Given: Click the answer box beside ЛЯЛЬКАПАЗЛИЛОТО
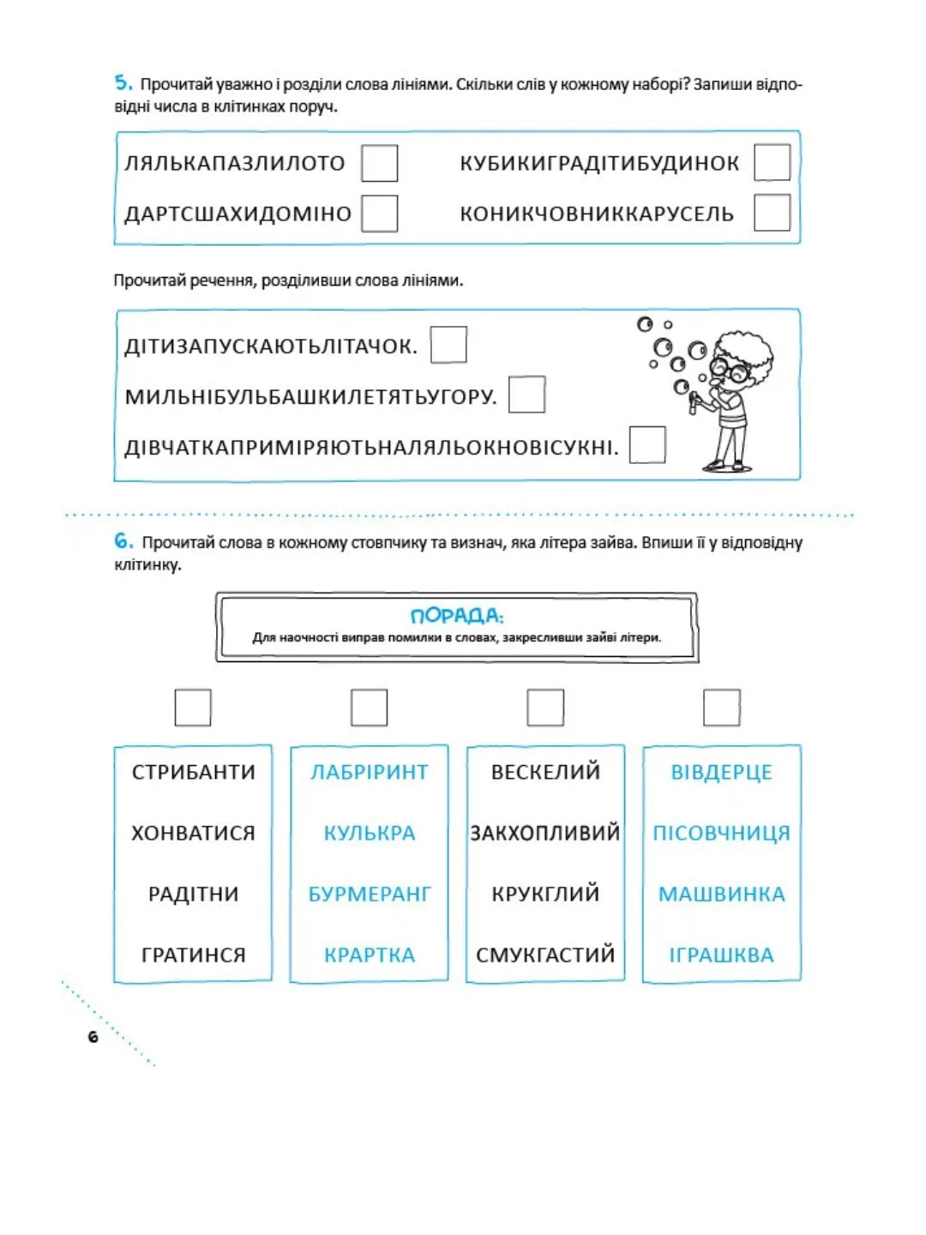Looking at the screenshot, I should pyautogui.click(x=379, y=163).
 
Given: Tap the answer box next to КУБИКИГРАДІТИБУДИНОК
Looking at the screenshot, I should pyautogui.click(x=772, y=163).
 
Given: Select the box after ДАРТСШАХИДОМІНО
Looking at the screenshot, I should pyautogui.click(x=379, y=214).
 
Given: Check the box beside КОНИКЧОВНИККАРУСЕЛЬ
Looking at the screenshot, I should pyautogui.click(x=772, y=214).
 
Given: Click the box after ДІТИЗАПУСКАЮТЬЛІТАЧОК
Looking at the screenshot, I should pyautogui.click(x=448, y=345).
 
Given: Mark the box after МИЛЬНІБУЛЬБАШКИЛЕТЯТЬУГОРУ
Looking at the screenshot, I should pyautogui.click(x=526, y=395).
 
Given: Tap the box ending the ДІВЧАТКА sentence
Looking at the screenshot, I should pyautogui.click(x=647, y=445).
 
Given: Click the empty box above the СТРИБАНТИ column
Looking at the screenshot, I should pyautogui.click(x=193, y=708).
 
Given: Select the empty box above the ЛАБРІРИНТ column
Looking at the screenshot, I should pyautogui.click(x=370, y=708).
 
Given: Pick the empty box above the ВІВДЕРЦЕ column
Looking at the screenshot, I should pyautogui.click(x=721, y=708).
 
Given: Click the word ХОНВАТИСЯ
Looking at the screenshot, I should pyautogui.click(x=193, y=833).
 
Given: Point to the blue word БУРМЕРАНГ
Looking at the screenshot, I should pyautogui.click(x=370, y=894).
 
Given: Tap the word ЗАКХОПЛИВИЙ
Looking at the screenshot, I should pyautogui.click(x=545, y=833).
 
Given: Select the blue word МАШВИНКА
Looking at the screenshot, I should pyautogui.click(x=721, y=894).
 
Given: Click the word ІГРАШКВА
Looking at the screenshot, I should pyautogui.click(x=721, y=955).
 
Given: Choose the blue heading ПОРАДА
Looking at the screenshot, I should pyautogui.click(x=456, y=616).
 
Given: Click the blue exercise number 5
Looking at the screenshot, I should pyautogui.click(x=123, y=83).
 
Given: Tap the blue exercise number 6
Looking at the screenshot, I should pyautogui.click(x=123, y=541).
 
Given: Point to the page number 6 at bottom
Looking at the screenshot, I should pyautogui.click(x=93, y=1037).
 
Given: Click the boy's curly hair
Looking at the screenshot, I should pyautogui.click(x=744, y=347).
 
